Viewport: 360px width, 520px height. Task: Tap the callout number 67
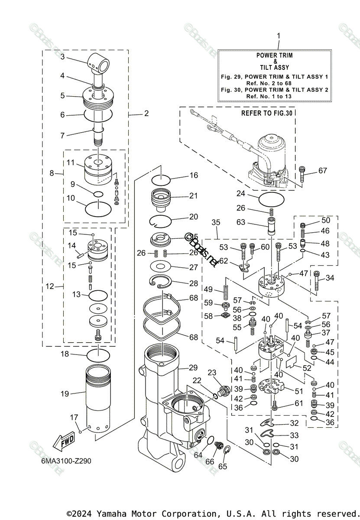point(322,170)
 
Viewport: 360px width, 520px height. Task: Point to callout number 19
point(65,394)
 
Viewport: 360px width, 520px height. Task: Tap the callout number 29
point(193,367)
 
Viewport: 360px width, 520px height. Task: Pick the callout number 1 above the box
point(279,35)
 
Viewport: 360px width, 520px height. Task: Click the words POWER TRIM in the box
point(274,55)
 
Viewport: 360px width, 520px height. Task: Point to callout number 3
point(62,56)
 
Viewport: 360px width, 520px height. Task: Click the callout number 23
point(212,372)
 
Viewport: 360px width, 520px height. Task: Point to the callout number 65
point(223,466)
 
